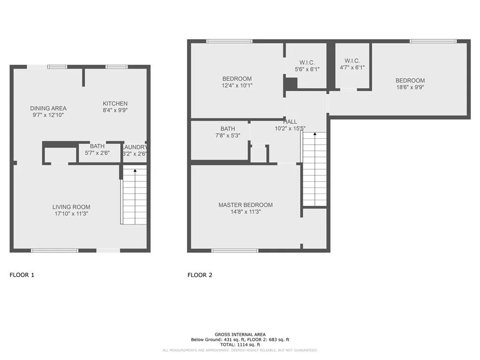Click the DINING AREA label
pos(48,108)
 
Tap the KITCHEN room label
pos(115,104)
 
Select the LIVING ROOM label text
pos(71,207)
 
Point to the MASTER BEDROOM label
pos(245,205)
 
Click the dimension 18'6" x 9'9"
pos(410,87)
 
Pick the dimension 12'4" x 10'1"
pos(237,85)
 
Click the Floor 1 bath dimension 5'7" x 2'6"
pos(97,153)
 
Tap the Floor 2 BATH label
pos(228,129)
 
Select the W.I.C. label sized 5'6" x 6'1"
pos(307,62)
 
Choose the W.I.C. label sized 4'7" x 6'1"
pos(352,60)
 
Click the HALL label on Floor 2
pos(290,122)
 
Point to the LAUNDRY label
pos(135,147)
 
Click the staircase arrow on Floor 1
pos(135,171)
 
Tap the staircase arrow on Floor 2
pos(315,135)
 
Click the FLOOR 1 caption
pos(22,275)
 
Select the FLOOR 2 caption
pos(200,275)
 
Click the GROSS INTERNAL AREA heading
pos(240,334)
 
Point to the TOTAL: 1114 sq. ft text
pos(240,345)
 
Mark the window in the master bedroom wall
pos(235,250)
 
